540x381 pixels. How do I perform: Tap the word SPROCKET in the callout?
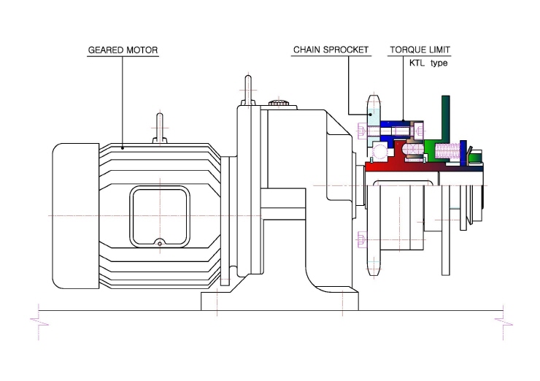346,50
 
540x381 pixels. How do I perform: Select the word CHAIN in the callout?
306,50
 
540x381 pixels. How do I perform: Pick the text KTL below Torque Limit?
417,63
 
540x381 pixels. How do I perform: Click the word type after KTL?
439,64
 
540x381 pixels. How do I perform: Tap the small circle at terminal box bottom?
160,244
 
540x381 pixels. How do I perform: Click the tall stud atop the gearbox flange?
248,91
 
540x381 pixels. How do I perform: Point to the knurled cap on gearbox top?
279,103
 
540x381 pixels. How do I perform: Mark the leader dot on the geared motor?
123,148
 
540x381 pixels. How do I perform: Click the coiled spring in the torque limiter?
447,151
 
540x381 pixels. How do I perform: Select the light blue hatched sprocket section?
374,118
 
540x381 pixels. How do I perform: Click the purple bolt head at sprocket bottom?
361,239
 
